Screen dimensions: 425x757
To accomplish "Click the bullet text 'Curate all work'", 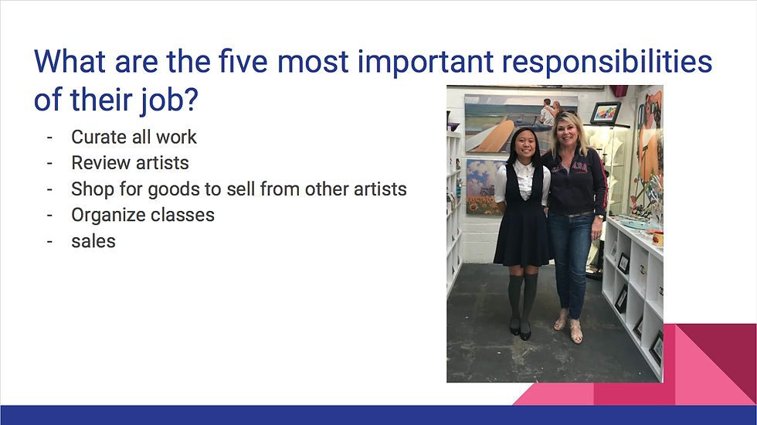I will tap(134, 138).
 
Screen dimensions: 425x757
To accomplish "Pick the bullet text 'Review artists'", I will tap(130, 163).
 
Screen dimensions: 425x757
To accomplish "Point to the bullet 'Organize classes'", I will tap(143, 214).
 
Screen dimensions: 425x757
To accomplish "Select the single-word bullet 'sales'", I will tap(93, 240).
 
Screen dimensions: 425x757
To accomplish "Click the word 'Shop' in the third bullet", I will tap(90, 189).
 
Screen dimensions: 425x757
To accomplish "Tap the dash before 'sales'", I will tap(49, 240).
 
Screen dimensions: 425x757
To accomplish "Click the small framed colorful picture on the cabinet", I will tap(605, 113).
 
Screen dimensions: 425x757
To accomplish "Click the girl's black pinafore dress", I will tap(521, 224).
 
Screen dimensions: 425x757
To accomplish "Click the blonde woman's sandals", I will tap(568, 327).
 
